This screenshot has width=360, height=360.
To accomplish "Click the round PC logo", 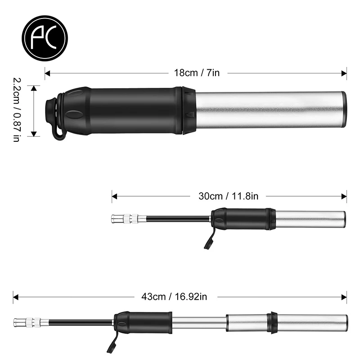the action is pyautogui.click(x=45, y=38).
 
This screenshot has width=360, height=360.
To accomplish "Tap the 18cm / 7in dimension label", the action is pyautogui.click(x=197, y=73).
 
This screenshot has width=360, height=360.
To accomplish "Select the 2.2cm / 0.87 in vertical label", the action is pyautogui.click(x=17, y=110).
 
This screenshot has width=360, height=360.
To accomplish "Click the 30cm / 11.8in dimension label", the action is pyautogui.click(x=228, y=196).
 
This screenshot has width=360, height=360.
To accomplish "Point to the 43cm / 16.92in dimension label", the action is pyautogui.click(x=174, y=297).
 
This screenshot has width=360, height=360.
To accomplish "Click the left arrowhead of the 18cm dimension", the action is pyautogui.click(x=48, y=73).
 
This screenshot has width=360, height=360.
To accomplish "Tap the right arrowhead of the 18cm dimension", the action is pyautogui.click(x=344, y=73).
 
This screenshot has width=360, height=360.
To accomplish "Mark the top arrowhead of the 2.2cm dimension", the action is pyautogui.click(x=34, y=89).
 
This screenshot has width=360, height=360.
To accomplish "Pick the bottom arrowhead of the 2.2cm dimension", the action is pyautogui.click(x=34, y=134).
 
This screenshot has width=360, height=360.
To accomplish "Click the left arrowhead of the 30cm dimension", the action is pyautogui.click(x=115, y=197).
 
